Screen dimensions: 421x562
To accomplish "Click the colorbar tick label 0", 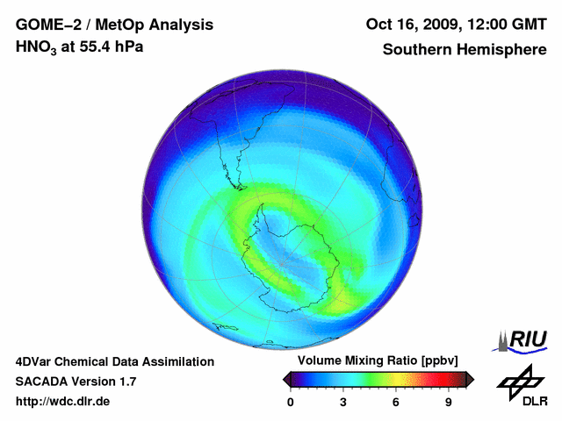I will pyautogui.click(x=291, y=403).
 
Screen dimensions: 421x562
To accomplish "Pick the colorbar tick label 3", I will pyautogui.click(x=343, y=403).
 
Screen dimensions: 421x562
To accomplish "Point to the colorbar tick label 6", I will pyautogui.click(x=396, y=403).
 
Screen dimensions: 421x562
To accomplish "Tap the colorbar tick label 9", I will pyautogui.click(x=448, y=403).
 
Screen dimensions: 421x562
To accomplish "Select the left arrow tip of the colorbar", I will pyautogui.click(x=285, y=379).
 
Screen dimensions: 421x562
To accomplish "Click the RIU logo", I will pyautogui.click(x=523, y=339).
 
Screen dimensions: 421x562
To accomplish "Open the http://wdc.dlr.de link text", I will pyautogui.click(x=63, y=402).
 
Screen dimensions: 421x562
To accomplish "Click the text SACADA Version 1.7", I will pyautogui.click(x=76, y=382).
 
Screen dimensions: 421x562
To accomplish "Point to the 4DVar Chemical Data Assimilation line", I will pyautogui.click(x=114, y=361).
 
